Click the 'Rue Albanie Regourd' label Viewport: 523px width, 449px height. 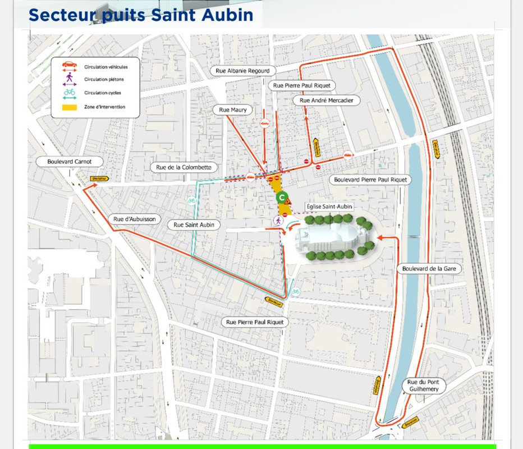coord(243,71)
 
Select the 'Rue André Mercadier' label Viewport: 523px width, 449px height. coord(326,100)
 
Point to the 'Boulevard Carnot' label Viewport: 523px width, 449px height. coord(68,162)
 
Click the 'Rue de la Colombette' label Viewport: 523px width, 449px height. coord(183,167)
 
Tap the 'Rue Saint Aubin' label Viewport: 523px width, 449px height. coord(194,224)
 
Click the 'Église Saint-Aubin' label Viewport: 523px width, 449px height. coord(329,207)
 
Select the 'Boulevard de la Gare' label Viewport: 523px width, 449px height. coord(429,269)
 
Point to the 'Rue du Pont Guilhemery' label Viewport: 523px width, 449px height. coord(424,386)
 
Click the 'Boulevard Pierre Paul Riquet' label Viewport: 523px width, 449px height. coord(370,180)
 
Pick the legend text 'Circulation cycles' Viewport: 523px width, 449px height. coord(103,93)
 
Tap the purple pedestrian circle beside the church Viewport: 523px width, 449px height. coord(278,221)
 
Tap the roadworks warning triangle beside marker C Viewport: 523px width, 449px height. coord(290,200)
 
